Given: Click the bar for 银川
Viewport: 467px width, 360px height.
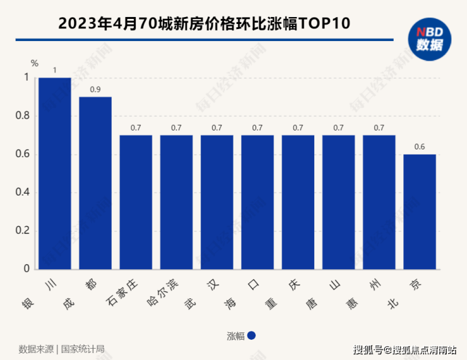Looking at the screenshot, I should (x=54, y=173).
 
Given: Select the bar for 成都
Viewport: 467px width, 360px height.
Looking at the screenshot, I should (x=95, y=183).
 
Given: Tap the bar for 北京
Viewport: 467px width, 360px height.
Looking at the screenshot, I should (x=420, y=212).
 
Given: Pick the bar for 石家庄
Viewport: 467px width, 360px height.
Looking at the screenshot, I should (x=136, y=202).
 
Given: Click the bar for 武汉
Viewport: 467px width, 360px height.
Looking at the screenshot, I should (x=217, y=202).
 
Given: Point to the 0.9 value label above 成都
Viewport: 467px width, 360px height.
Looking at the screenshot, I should (x=95, y=90).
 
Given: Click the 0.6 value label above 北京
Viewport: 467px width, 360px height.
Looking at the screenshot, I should (x=420, y=147).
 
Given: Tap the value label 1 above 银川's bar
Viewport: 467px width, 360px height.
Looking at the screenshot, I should (x=55, y=70).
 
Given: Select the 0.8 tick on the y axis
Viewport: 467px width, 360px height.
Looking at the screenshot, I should (x=23, y=116).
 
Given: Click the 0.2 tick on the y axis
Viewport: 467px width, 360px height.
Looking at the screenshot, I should (x=23, y=231).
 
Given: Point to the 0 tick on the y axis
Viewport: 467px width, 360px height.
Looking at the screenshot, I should (x=27, y=269).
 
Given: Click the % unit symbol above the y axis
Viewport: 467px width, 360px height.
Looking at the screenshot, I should (x=35, y=63).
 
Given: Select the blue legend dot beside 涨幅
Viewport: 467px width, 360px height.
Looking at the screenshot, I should (x=251, y=335).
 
